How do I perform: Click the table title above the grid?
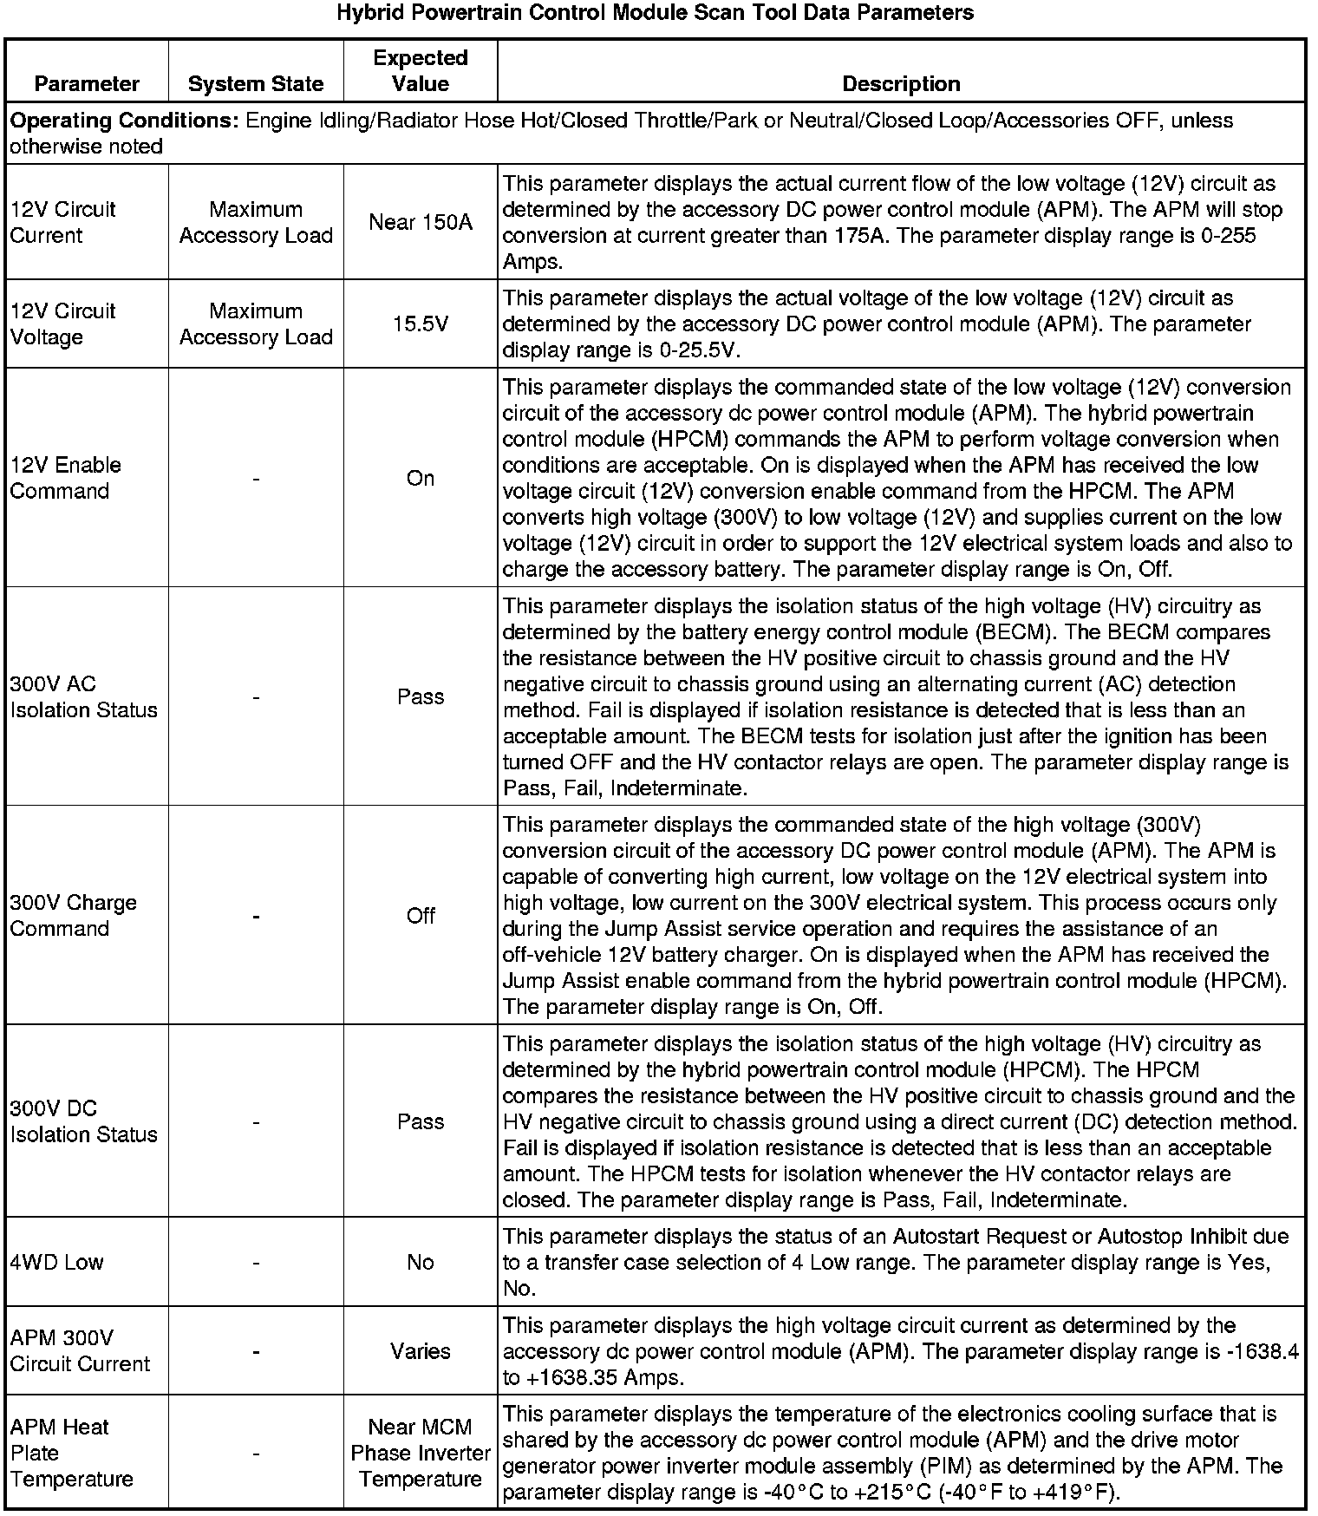coord(655,13)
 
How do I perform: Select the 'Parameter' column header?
coord(87,84)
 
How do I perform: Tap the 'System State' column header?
coord(256,84)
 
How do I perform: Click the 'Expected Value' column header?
coord(421,71)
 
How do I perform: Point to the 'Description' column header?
coord(901,84)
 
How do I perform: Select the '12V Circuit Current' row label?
coord(62,222)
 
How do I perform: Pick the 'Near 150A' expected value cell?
coord(421,222)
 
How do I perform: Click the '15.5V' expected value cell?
coord(421,323)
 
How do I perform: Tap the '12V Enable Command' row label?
coord(65,478)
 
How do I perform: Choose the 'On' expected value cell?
coord(421,478)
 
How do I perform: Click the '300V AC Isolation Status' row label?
coord(83,696)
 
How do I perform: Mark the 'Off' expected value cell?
coord(421,915)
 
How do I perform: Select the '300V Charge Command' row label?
coord(73,915)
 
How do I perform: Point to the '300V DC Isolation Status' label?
coord(83,1121)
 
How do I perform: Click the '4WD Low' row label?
coord(56,1262)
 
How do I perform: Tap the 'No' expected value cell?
coord(421,1262)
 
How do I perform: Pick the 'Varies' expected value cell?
coord(421,1351)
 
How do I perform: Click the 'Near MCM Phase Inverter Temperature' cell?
coord(421,1453)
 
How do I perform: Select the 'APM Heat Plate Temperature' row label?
coord(71,1453)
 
